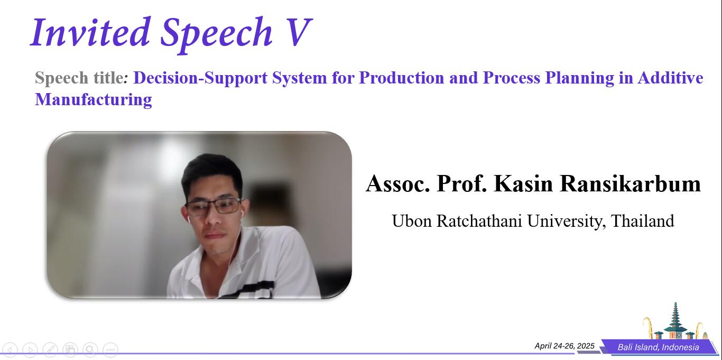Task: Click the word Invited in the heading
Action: click(90, 32)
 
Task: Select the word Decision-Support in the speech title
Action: click(200, 78)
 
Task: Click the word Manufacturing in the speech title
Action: click(94, 99)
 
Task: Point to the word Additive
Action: click(670, 78)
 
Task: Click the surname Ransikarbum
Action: click(630, 183)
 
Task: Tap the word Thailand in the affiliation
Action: click(642, 221)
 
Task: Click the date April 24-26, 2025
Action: click(564, 346)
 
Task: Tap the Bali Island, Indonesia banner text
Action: click(658, 347)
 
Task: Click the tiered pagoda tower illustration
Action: click(675, 320)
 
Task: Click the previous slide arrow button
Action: click(10, 349)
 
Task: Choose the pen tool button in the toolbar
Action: click(50, 349)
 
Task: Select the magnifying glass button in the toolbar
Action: click(90, 349)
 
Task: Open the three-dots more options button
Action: click(110, 349)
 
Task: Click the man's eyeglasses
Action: click(212, 207)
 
